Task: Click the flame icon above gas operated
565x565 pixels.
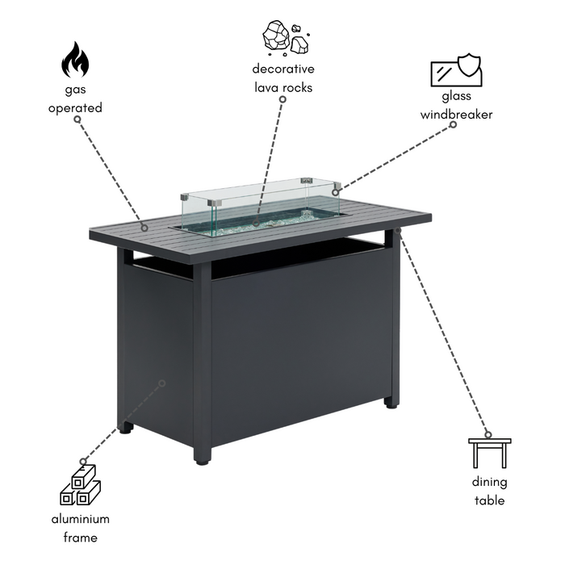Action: pyautogui.click(x=75, y=60)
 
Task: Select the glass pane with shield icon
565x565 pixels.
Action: pyautogui.click(x=457, y=70)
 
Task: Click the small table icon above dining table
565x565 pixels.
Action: pyautogui.click(x=489, y=453)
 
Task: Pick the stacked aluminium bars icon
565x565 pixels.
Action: pyautogui.click(x=81, y=484)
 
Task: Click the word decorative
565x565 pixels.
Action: pyautogui.click(x=283, y=69)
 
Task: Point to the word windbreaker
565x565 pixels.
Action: pyautogui.click(x=456, y=115)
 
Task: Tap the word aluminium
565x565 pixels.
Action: pyautogui.click(x=81, y=519)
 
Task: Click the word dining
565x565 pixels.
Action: pyautogui.click(x=489, y=482)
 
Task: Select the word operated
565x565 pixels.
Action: pyautogui.click(x=75, y=107)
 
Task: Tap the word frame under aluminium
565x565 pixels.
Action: pyautogui.click(x=81, y=538)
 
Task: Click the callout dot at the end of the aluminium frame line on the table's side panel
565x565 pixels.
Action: pyautogui.click(x=162, y=383)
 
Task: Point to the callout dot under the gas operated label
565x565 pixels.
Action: pyautogui.click(x=77, y=119)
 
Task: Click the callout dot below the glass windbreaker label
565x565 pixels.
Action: pyautogui.click(x=454, y=124)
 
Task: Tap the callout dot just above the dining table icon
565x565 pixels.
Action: pyautogui.click(x=488, y=434)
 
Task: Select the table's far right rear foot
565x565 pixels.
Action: pyautogui.click(x=391, y=404)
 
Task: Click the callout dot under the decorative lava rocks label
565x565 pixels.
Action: pyautogui.click(x=282, y=99)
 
